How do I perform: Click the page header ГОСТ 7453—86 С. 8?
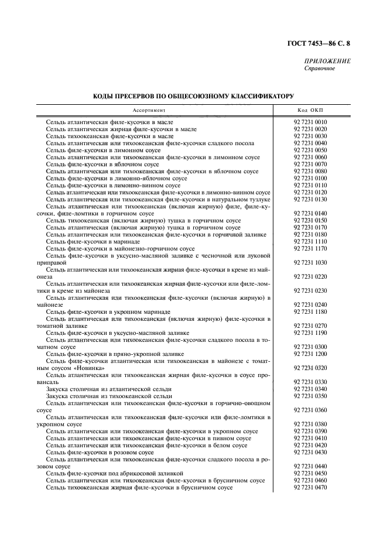click(x=322, y=43)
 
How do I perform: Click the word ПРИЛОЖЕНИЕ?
click(x=327, y=61)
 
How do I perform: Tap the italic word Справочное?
click(x=320, y=68)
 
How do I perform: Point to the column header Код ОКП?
click(x=310, y=110)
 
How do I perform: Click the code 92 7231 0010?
click(x=310, y=122)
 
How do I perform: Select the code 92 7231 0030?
click(x=310, y=136)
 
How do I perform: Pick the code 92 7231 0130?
click(x=310, y=200)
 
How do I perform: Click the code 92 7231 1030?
click(x=310, y=263)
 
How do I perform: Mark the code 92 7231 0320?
click(x=310, y=368)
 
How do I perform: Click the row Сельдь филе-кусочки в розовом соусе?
click(x=100, y=453)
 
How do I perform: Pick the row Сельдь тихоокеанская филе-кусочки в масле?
click(x=105, y=136)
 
